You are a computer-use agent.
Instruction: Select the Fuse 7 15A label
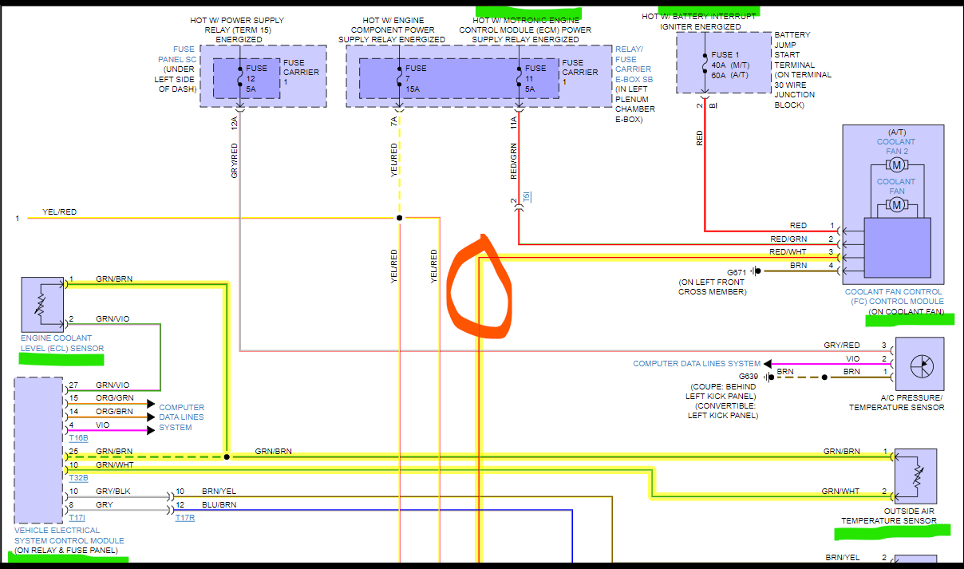416,78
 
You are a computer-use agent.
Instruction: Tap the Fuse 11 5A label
535,78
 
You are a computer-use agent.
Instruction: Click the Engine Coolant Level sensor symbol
42,304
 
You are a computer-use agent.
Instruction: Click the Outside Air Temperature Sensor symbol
915,476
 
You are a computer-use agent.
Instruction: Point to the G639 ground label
749,376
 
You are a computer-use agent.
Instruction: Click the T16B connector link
78,438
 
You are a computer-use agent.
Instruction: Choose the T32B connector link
78,477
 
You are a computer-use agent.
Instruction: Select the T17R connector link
185,518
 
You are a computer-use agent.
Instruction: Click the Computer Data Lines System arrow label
697,364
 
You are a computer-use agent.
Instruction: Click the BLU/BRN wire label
219,504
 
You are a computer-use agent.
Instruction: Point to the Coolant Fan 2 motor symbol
896,165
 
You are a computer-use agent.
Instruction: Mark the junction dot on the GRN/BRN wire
227,457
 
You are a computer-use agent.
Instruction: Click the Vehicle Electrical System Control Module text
69,535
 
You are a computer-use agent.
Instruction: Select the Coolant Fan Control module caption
894,297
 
